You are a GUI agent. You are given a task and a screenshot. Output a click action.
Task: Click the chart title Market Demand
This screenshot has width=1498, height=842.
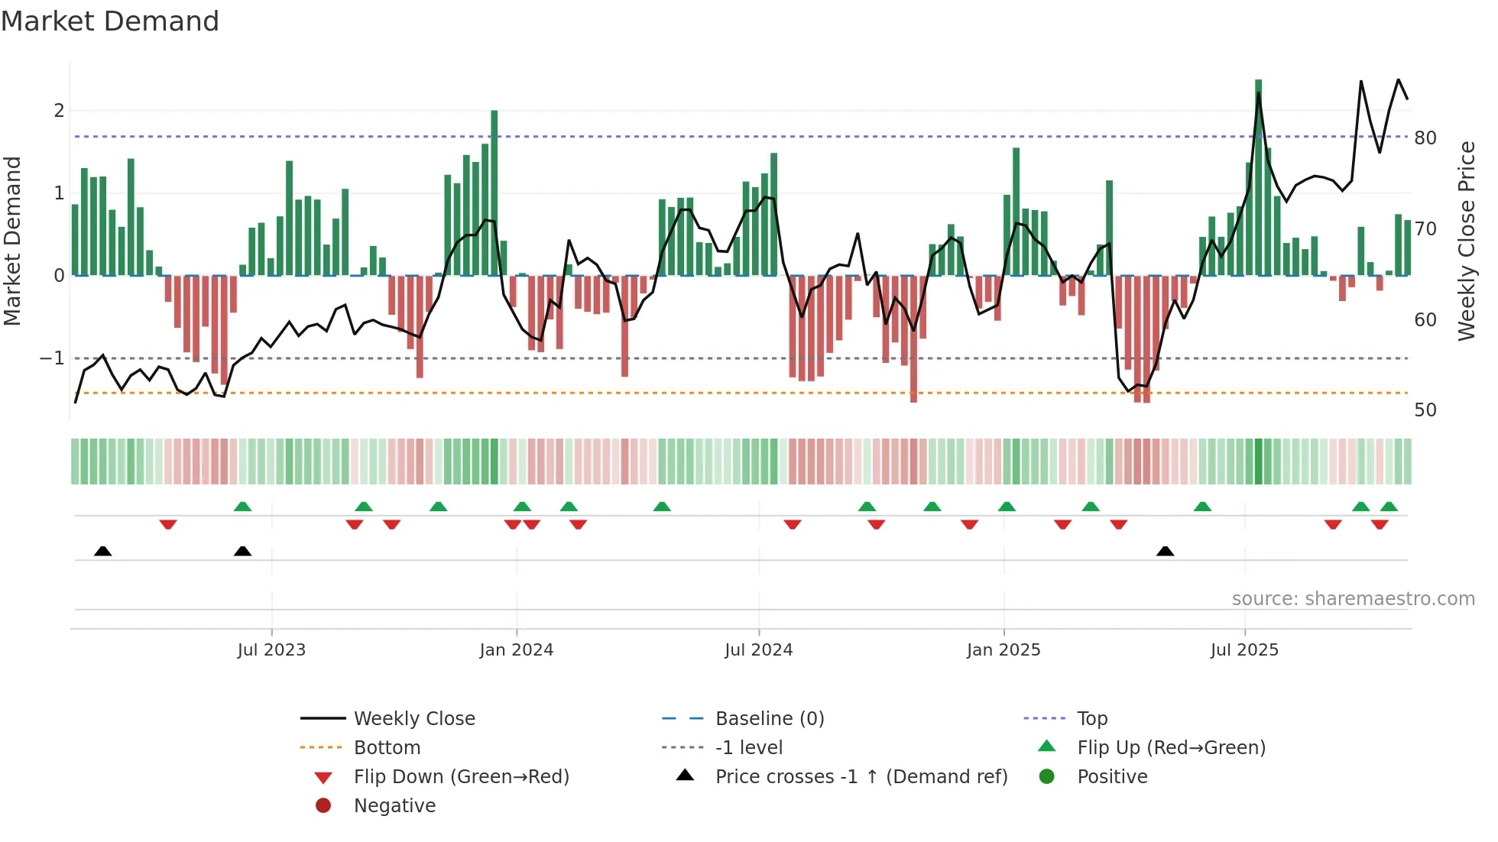click(110, 21)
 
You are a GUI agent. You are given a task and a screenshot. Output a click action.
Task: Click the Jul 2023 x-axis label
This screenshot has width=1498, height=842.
click(271, 650)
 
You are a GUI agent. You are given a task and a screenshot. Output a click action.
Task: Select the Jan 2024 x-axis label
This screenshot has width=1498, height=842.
click(517, 650)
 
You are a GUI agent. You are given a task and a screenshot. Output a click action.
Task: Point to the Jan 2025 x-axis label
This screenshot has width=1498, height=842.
click(1004, 650)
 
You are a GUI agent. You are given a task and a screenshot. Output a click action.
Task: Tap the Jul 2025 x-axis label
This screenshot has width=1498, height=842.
click(1244, 650)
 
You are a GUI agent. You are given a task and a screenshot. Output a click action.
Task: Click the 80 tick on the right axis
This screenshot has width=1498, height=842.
click(1425, 138)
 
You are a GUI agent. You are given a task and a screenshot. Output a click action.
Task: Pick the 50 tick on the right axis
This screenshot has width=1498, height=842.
click(1425, 410)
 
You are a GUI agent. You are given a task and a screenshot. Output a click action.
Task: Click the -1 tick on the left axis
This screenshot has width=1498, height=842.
click(52, 358)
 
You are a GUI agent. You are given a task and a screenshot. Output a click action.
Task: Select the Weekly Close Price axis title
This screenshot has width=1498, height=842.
click(1466, 241)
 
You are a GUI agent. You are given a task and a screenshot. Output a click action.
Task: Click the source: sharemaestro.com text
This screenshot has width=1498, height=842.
click(1353, 599)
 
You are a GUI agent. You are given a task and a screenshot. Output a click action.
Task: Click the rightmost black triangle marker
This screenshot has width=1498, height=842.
click(1165, 551)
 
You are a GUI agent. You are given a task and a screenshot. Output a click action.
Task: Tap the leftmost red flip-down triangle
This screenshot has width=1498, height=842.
click(168, 524)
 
